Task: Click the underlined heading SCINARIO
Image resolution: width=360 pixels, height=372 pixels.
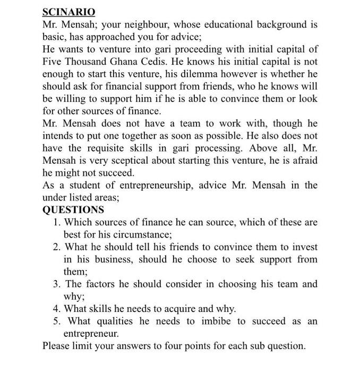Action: pyautogui.click(x=68, y=12)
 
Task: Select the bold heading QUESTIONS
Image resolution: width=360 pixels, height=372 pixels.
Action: pyautogui.click(x=73, y=210)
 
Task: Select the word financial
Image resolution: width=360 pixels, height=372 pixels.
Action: pyautogui.click(x=126, y=86)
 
